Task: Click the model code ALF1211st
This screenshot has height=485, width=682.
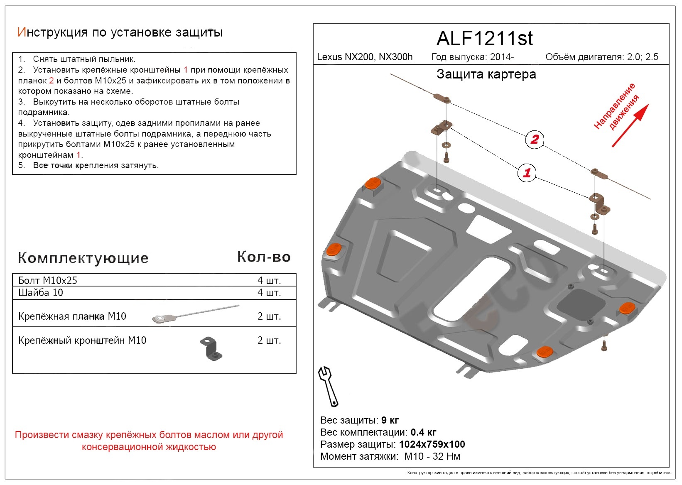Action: [x=484, y=39]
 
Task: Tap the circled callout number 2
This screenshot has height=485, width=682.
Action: [x=534, y=140]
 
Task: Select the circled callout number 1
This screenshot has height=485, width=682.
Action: [x=527, y=173]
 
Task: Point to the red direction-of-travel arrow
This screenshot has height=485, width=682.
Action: [x=630, y=125]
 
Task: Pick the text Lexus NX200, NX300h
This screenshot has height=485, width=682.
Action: [x=365, y=57]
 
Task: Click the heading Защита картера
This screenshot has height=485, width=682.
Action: [x=486, y=74]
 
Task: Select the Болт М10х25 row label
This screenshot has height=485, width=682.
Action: [x=48, y=280]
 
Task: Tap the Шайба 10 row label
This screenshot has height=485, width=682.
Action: [x=41, y=293]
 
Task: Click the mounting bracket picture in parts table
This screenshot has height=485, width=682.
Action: [x=212, y=348]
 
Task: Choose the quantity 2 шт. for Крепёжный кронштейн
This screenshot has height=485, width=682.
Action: [x=269, y=340]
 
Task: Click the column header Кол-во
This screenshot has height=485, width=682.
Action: [x=264, y=257]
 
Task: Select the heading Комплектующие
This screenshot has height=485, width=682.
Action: [x=83, y=258]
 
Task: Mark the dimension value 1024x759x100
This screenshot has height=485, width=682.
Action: [x=432, y=444]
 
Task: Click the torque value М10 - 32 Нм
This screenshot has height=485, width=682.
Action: [x=432, y=456]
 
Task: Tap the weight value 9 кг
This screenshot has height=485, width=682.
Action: [x=390, y=420]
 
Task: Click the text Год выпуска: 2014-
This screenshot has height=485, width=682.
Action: [x=473, y=57]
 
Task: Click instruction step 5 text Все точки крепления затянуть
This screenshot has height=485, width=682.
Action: [x=96, y=165]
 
